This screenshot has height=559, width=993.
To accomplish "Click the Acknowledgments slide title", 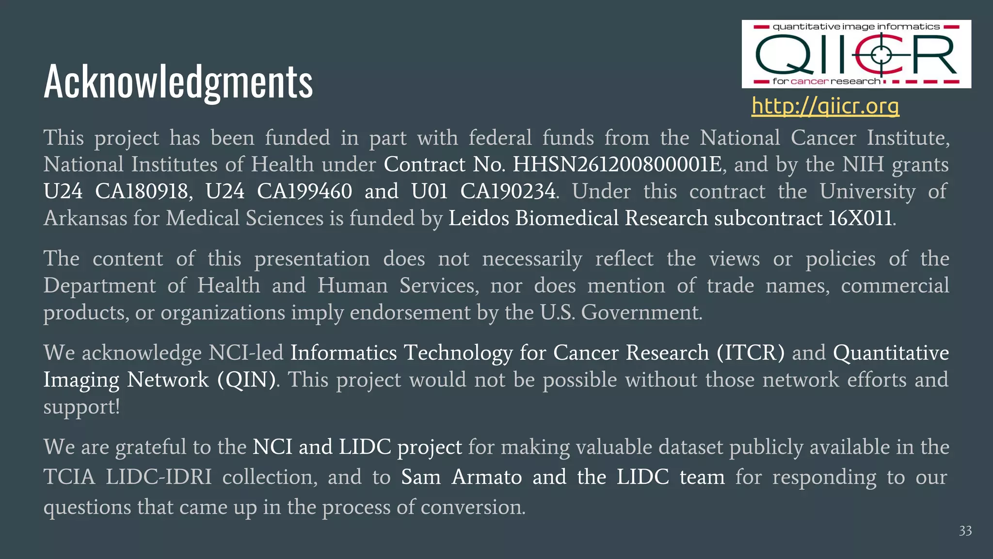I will tap(178, 82).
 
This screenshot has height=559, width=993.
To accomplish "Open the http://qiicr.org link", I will tap(825, 105).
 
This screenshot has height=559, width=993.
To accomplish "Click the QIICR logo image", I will tap(856, 54).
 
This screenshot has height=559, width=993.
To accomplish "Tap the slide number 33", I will tap(965, 531).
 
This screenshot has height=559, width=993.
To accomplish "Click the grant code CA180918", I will tap(141, 191).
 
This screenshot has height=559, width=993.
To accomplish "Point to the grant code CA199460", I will tap(304, 191).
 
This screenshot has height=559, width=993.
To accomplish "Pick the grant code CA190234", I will tap(507, 191).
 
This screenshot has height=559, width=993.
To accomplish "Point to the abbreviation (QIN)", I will tap(247, 379).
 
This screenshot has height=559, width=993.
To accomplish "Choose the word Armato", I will tap(486, 477).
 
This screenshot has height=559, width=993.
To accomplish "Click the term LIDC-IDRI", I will tap(159, 477).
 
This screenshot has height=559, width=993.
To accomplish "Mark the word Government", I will tap(641, 312).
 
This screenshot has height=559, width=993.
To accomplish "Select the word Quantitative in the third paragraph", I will tap(891, 353).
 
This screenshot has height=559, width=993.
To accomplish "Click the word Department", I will tap(99, 286).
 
